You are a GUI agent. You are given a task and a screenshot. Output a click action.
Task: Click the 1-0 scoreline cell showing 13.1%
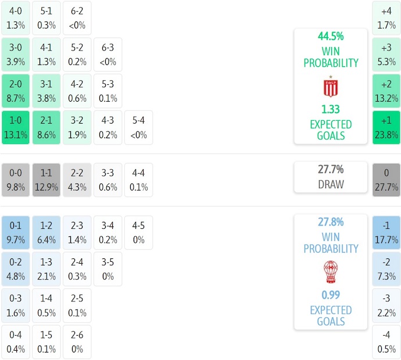click(x=16, y=127)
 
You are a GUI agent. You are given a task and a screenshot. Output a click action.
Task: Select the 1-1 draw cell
click(x=46, y=179)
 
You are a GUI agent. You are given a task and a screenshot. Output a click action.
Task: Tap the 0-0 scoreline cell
click(x=16, y=179)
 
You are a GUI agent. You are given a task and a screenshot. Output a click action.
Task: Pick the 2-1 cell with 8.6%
click(x=46, y=127)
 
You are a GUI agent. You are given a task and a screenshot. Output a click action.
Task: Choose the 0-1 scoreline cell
click(x=16, y=232)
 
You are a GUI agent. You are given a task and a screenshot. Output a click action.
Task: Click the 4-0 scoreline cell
click(x=16, y=17)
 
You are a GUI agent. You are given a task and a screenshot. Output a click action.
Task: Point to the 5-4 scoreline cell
click(x=138, y=127)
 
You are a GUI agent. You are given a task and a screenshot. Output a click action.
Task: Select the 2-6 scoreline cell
click(x=77, y=342)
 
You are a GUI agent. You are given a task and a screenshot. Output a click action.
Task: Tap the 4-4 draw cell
click(x=138, y=179)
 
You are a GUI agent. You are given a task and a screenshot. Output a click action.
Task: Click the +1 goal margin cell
click(x=386, y=127)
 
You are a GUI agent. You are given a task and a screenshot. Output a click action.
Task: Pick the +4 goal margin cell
click(x=386, y=17)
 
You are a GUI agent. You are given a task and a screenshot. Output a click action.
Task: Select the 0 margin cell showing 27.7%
click(x=386, y=179)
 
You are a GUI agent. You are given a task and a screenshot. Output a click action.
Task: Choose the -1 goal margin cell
click(x=386, y=232)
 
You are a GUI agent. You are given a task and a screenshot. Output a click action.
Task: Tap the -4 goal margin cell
click(x=386, y=342)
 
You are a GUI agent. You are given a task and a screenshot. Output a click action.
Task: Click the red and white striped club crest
click(x=330, y=87)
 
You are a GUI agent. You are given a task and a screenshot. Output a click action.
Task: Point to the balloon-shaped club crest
click(x=330, y=271)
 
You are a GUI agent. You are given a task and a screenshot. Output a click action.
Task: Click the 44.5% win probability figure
click(x=330, y=36)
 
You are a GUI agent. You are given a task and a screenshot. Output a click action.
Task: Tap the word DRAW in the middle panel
click(x=330, y=185)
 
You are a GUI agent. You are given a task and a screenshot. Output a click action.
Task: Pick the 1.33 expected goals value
click(x=330, y=109)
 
